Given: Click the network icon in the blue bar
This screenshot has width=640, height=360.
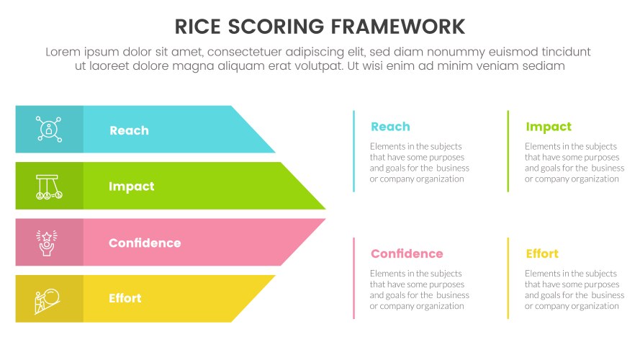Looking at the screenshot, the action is tap(49, 130).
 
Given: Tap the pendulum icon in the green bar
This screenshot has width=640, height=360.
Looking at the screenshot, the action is tap(49, 186).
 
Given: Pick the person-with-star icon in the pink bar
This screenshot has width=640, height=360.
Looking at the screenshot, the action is tap(49, 242).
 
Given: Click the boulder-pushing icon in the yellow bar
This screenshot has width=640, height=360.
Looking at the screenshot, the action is tap(49, 298).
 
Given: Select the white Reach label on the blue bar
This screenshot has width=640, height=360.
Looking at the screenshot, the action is tap(129, 130).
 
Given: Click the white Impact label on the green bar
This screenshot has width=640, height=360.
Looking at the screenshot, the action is tap(131, 186).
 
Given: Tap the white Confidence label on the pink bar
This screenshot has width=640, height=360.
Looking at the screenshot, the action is tap(145, 243).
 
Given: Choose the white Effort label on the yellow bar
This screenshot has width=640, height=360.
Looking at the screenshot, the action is tap(125, 298).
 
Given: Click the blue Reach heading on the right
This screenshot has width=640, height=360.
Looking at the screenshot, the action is tap(390, 127).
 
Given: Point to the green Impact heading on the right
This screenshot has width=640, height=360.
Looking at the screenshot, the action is tap(549, 127).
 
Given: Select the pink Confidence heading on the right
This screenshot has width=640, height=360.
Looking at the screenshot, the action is tap(407, 253).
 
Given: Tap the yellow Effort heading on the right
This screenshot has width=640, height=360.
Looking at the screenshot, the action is tap(542, 253).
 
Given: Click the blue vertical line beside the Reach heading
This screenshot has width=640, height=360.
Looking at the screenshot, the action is tap(353, 151).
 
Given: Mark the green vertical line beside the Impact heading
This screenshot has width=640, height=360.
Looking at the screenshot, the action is tap(508, 151).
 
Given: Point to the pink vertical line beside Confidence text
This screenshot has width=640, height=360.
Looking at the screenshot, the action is tap(353, 278).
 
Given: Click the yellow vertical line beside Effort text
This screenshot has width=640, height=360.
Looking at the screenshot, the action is tap(508, 278).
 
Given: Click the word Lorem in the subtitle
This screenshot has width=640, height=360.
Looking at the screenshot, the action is tap(63, 52).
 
